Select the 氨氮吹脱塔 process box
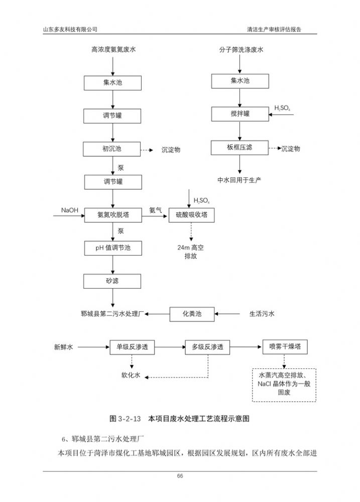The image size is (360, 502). [x=113, y=215]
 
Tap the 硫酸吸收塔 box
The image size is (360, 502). [x=191, y=215]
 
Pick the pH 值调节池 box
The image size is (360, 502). [x=112, y=247]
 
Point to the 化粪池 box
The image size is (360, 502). [x=191, y=314]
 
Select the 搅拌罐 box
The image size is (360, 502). [x=240, y=114]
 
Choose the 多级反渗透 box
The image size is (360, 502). [x=207, y=347]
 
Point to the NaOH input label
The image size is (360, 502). [x=70, y=210]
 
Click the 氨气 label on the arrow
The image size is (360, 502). [x=156, y=210]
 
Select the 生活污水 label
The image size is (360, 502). [x=262, y=314]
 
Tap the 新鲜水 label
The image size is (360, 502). [x=64, y=347]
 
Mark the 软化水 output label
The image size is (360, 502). [x=131, y=375]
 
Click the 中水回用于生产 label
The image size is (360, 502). [x=239, y=180]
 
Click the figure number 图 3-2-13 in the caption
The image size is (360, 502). [x=126, y=418]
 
